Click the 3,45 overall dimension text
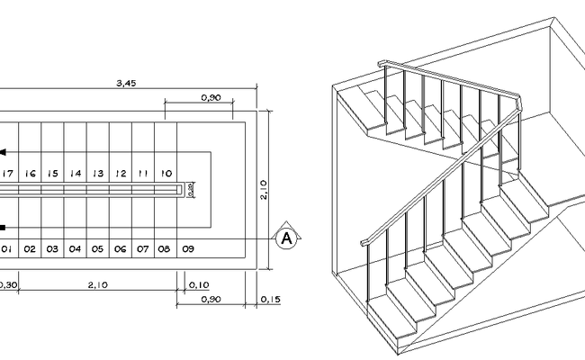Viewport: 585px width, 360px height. tap(127, 84)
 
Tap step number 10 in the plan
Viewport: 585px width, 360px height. tap(166, 173)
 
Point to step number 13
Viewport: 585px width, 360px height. tap(98, 173)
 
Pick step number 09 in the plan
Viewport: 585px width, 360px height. tap(187, 247)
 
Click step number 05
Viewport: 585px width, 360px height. tap(97, 247)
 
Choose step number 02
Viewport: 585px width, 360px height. tap(30, 247)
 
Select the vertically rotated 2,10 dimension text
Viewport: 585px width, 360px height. tap(263, 190)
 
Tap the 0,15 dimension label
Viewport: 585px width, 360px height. tap(269, 299)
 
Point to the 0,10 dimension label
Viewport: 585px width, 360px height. tap(200, 285)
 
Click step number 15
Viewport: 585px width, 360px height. tap(53, 173)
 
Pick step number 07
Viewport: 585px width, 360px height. tap(142, 247)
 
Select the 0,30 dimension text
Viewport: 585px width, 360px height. tap(7, 285)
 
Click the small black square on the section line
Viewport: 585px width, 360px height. tap(3, 227)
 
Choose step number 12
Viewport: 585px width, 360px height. tap(121, 173)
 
